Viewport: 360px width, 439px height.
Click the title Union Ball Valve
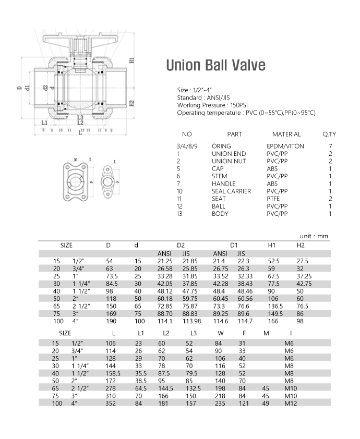(215, 66)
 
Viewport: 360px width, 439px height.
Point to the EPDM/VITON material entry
(285, 147)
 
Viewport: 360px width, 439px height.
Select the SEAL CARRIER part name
(231, 191)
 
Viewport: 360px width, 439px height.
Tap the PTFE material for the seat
(274, 199)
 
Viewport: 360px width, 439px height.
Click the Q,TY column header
(329, 135)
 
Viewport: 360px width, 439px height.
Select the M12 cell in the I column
(290, 403)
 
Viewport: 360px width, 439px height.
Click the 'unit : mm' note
(315, 236)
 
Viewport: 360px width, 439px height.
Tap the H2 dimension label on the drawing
(131, 103)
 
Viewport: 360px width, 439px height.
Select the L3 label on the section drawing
(80, 118)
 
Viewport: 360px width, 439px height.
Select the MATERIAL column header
(286, 135)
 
